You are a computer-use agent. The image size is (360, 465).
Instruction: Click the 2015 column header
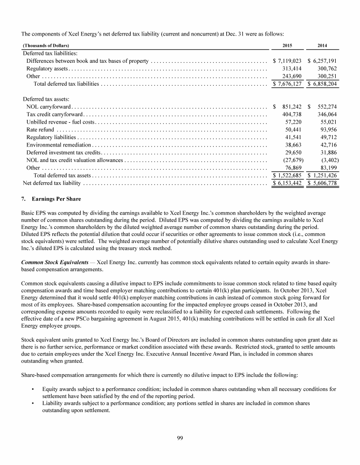287,45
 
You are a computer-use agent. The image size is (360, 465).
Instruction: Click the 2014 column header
323,45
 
